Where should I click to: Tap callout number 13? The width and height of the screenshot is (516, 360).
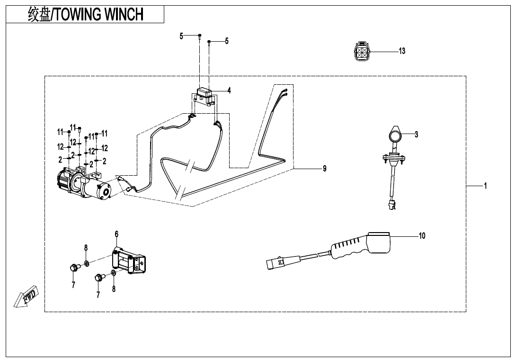click(x=402, y=51)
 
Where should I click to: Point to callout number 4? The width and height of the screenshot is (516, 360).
click(x=229, y=90)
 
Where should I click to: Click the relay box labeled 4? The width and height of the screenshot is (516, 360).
click(x=205, y=92)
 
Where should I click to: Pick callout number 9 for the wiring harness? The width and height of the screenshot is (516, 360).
click(x=324, y=168)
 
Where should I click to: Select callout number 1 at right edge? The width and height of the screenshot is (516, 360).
click(x=485, y=186)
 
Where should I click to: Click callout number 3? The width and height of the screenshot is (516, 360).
click(x=416, y=135)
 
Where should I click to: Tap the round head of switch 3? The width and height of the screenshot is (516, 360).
click(x=395, y=136)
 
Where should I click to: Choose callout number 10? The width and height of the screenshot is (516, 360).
click(x=422, y=235)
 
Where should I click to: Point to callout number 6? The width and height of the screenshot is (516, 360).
click(x=116, y=234)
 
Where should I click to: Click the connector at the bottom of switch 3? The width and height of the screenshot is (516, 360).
click(x=391, y=205)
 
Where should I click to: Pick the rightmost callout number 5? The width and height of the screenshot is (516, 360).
click(x=226, y=41)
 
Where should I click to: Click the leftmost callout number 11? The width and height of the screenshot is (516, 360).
click(x=60, y=131)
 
